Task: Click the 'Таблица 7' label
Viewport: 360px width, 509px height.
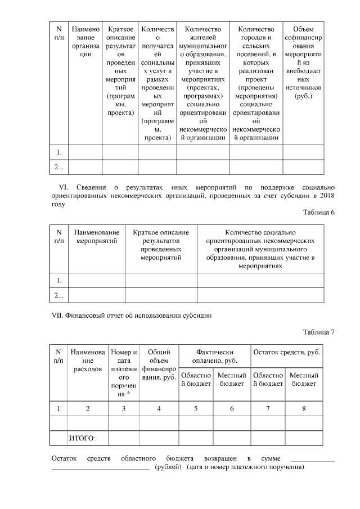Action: (x=318, y=331)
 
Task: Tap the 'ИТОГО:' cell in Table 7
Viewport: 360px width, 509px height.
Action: (x=82, y=437)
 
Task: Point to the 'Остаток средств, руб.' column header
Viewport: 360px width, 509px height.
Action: (x=287, y=352)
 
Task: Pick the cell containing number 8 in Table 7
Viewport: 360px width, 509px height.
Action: (x=304, y=408)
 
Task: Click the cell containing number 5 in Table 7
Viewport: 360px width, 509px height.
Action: (x=196, y=408)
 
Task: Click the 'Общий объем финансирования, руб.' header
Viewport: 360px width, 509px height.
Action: (x=159, y=364)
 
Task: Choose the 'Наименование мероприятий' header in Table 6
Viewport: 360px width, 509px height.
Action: (x=96, y=237)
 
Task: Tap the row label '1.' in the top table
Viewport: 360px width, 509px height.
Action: (x=58, y=152)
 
